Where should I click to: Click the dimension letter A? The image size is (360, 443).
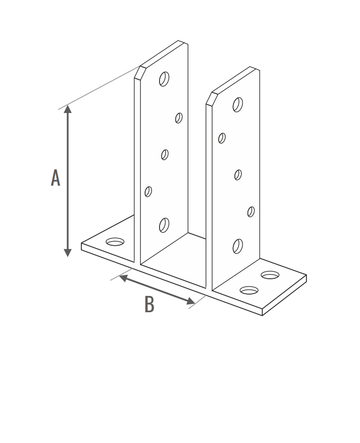click(55, 178)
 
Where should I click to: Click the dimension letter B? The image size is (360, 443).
click(149, 304)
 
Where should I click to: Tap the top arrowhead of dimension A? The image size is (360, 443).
click(67, 109)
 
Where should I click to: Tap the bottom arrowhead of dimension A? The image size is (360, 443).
click(67, 253)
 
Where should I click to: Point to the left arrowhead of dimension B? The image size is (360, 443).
click(123, 278)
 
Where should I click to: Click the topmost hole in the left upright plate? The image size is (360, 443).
click(164, 79)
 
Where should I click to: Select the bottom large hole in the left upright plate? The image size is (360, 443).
click(164, 225)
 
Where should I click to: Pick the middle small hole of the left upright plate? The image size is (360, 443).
click(165, 154)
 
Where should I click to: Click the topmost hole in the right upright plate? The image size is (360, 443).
click(238, 105)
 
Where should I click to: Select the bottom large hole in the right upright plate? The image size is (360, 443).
click(238, 246)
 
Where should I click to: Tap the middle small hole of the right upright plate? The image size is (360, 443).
click(238, 175)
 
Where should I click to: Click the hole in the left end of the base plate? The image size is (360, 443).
click(115, 242)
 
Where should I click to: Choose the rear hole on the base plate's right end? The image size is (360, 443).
click(270, 275)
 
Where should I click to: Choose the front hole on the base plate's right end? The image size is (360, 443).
click(249, 290)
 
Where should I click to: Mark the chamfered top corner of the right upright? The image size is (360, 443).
click(209, 99)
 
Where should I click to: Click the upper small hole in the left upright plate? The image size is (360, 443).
click(179, 118)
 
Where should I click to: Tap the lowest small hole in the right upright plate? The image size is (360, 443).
click(251, 212)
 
